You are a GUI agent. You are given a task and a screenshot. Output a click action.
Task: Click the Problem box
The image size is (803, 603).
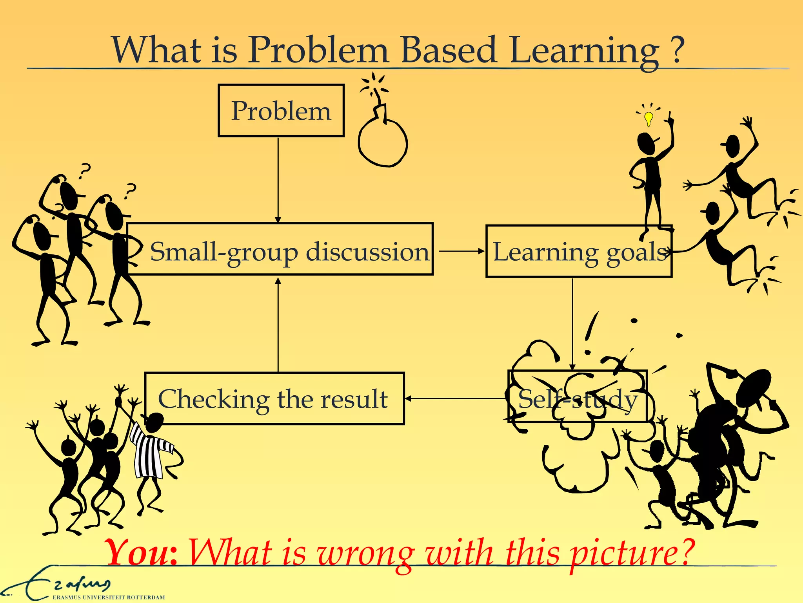281,111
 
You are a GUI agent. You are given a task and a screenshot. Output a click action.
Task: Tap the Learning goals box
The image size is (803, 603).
579,252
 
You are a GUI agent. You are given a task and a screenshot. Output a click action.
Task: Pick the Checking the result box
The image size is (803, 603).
274,398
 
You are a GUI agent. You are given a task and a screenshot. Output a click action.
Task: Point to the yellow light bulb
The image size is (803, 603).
649,118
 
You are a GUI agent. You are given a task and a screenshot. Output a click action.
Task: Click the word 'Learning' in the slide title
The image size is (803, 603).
584,51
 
